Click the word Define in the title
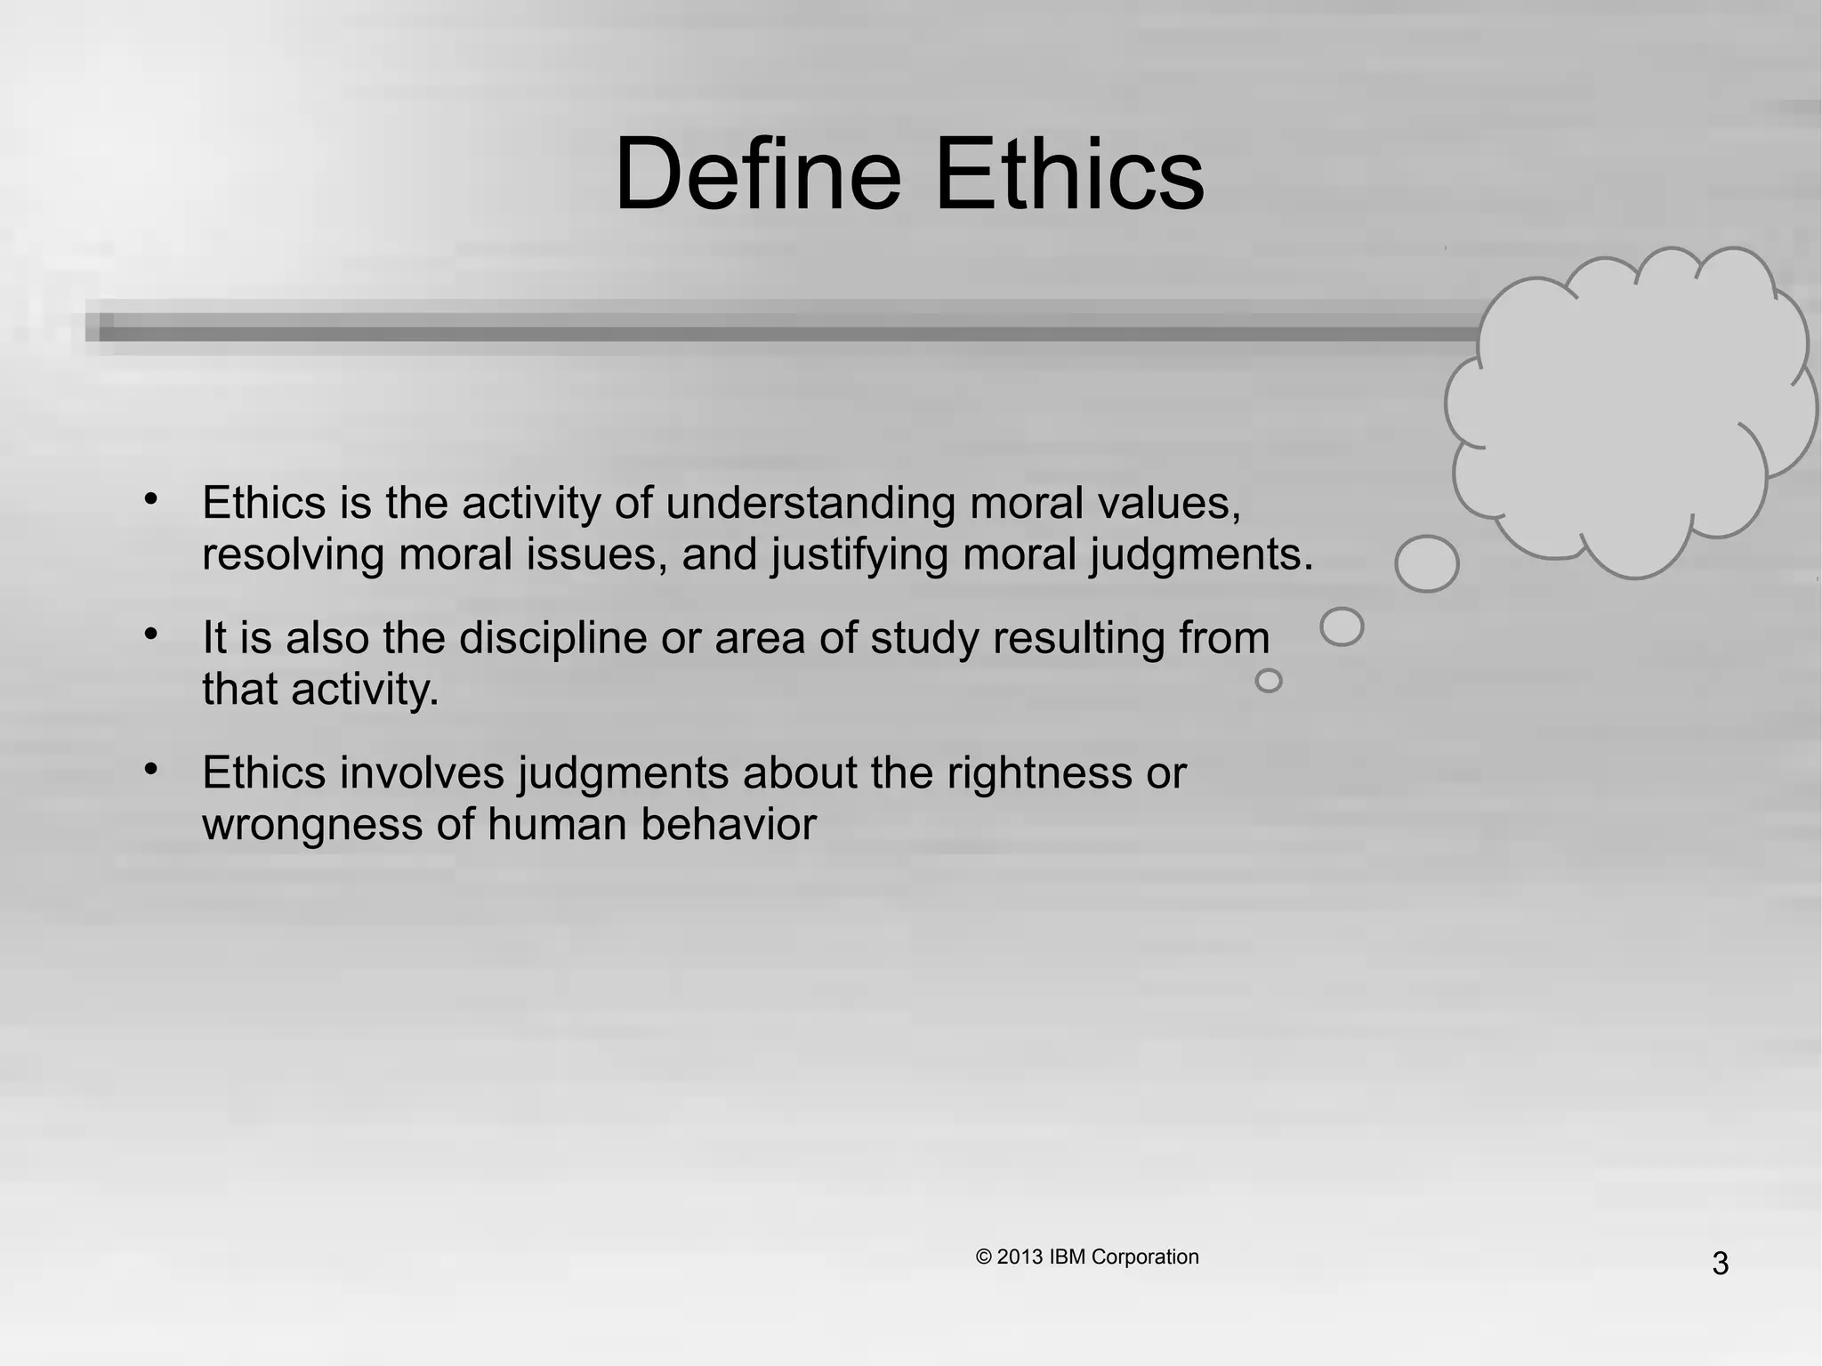pyautogui.click(x=758, y=174)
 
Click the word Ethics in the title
pyautogui.click(x=1069, y=174)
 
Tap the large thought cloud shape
pyautogui.click(x=1628, y=414)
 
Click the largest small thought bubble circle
pyautogui.click(x=1426, y=563)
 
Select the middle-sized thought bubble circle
pyautogui.click(x=1342, y=626)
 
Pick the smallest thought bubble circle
pyautogui.click(x=1268, y=681)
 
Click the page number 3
pyautogui.click(x=1720, y=1264)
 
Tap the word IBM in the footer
pyautogui.click(x=1068, y=1257)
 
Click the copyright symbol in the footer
pyautogui.click(x=983, y=1257)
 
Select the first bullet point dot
pyautogui.click(x=151, y=498)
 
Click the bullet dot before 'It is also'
pyautogui.click(x=151, y=634)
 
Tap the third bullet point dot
pyautogui.click(x=151, y=768)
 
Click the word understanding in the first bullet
pyautogui.click(x=810, y=503)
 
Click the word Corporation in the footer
pyautogui.click(x=1145, y=1257)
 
